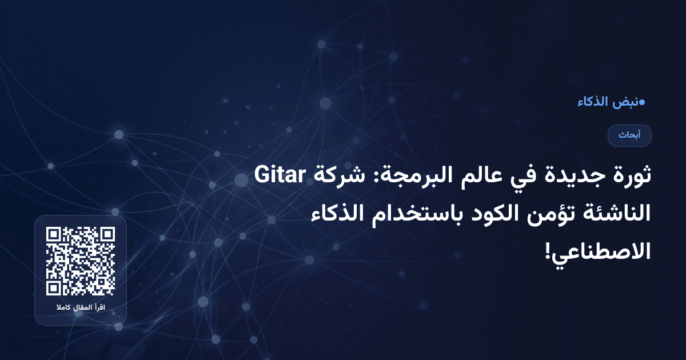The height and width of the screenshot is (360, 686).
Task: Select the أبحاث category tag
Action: [629, 135]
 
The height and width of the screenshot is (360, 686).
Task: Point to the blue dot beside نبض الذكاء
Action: [641, 103]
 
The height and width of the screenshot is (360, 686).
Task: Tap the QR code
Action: [81, 262]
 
